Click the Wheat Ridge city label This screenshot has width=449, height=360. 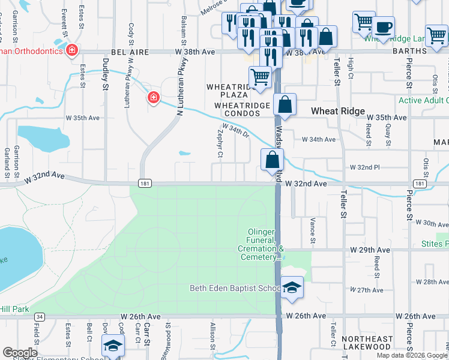(337, 111)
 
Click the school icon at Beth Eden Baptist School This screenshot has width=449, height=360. (292, 288)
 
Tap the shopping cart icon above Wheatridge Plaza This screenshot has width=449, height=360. (259, 77)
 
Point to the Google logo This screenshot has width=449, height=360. (20, 353)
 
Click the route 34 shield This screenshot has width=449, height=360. (40, 316)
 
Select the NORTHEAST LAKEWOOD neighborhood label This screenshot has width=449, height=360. (367, 343)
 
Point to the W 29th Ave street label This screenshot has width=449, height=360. (370, 250)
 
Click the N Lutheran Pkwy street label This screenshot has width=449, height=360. (178, 100)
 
